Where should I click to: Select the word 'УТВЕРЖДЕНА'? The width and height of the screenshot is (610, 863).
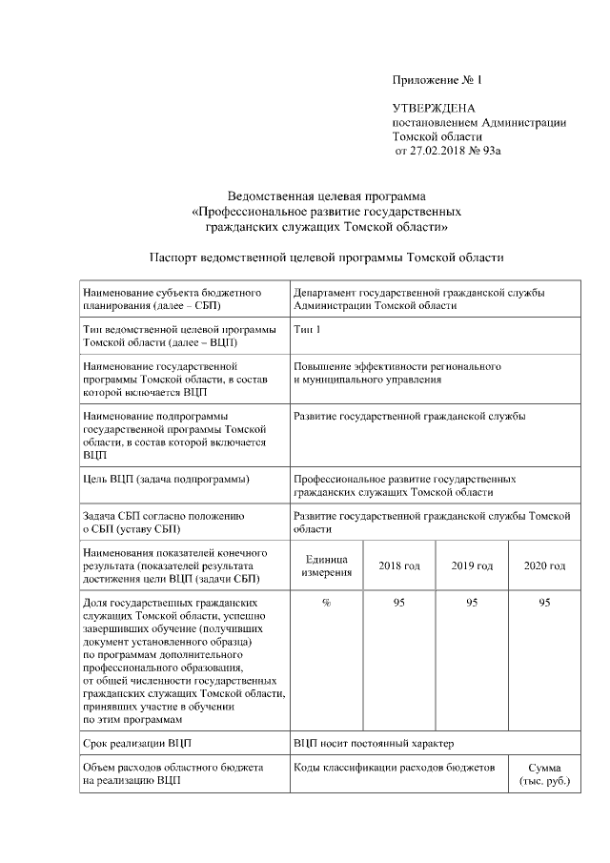pyautogui.click(x=434, y=109)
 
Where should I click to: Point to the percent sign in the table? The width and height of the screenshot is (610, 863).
pyautogui.click(x=326, y=603)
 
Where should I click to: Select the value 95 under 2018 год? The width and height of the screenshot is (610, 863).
pyautogui.click(x=398, y=603)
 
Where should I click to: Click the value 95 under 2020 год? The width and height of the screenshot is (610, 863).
pyautogui.click(x=544, y=603)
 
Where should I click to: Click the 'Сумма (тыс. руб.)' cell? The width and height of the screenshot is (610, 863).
pyautogui.click(x=544, y=774)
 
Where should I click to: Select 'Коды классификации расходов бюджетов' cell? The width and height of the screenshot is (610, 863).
pyautogui.click(x=395, y=768)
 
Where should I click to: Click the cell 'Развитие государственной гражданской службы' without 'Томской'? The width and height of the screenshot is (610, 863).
pyautogui.click(x=409, y=417)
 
